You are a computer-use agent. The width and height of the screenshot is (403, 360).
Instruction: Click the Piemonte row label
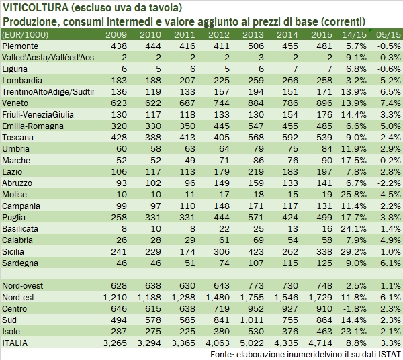click(20, 46)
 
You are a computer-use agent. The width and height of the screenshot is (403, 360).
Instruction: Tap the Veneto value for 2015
click(324, 103)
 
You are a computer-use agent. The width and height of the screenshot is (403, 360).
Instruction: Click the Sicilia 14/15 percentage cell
click(356, 251)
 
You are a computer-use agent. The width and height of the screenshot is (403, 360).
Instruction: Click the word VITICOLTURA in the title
click(32, 8)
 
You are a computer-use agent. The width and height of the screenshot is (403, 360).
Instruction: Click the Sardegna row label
click(20, 263)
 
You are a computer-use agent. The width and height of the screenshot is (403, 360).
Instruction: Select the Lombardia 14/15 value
click(356, 80)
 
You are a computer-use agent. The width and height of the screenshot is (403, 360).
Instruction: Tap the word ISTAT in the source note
click(390, 354)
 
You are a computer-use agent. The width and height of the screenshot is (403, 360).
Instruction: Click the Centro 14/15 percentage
click(356, 308)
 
